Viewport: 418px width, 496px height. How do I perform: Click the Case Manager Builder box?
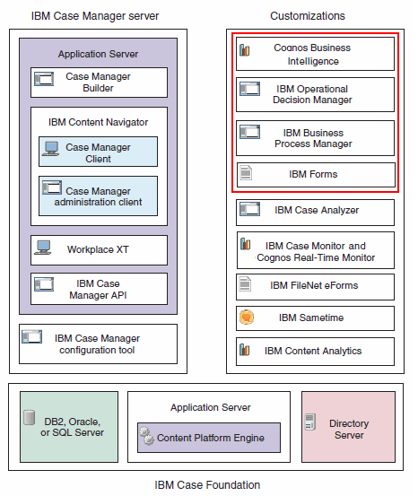99,83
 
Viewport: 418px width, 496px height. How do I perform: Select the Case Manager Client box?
98,152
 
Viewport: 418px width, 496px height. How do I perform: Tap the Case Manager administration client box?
98,196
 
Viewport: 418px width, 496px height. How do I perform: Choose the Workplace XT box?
99,249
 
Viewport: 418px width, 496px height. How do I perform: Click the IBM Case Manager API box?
99,289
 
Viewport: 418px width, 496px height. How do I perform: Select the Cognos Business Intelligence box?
315,54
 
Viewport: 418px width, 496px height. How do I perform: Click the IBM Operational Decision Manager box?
315,94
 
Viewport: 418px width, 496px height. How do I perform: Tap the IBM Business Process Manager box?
315,138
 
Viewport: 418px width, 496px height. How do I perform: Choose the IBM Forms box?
315,174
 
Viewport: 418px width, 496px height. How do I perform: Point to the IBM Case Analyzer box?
315,212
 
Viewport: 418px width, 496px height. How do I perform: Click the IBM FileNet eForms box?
315,285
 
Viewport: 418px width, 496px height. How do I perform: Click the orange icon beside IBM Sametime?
245,318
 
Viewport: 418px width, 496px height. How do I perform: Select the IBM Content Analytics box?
315,351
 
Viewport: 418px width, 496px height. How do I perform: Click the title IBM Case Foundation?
207,485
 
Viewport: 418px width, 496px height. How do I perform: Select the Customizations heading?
308,16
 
